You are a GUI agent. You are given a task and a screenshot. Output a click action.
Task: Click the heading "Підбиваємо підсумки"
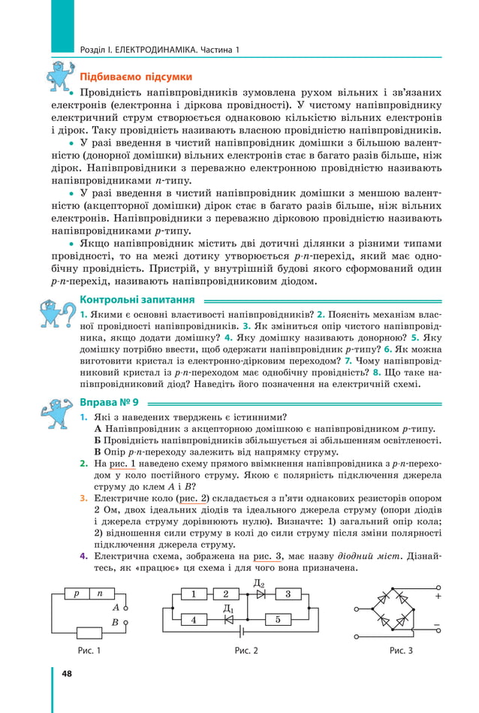coord(136,77)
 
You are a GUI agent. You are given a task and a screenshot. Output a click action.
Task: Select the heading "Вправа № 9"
coord(109,403)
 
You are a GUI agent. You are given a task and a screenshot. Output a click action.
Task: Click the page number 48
coord(67,673)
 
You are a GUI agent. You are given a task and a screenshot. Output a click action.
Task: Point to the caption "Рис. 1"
coord(89,650)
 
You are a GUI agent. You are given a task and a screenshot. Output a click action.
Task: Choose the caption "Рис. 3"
coord(401,650)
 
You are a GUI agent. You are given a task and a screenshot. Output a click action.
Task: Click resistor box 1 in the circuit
coord(194,594)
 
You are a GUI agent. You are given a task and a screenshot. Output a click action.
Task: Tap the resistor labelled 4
coord(194,620)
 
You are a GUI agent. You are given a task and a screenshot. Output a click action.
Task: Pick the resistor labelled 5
coord(278,620)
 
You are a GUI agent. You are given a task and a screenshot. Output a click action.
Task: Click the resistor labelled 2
coord(225,594)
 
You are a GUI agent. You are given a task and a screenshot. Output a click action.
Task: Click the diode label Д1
coord(229,609)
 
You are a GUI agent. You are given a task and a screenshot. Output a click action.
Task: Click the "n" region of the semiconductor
coord(100,594)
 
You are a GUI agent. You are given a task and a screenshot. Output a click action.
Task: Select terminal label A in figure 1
coord(116,606)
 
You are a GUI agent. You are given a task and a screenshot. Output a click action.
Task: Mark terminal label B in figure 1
coord(116,622)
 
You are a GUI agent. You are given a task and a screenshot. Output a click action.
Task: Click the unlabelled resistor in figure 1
coord(89,632)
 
